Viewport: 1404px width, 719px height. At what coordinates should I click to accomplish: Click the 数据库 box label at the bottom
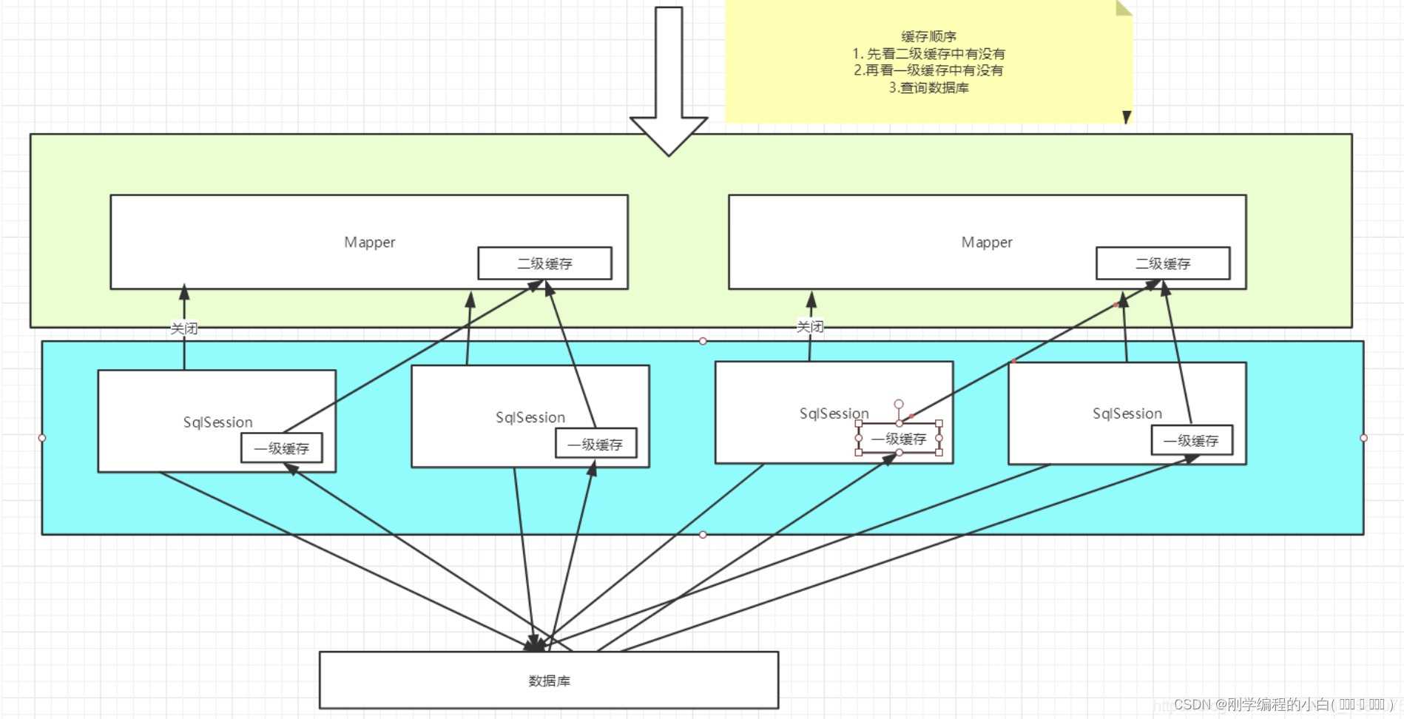click(x=549, y=681)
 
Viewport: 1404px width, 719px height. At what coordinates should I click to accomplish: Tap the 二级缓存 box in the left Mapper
click(x=544, y=263)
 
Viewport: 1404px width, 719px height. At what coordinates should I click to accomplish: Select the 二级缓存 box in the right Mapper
click(x=1163, y=263)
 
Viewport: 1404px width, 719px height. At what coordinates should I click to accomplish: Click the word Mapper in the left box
click(x=369, y=242)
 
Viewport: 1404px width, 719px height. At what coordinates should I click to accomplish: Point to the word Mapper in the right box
click(x=987, y=242)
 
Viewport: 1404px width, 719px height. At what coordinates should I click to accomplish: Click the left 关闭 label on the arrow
click(x=184, y=328)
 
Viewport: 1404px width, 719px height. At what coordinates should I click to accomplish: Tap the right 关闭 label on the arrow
click(x=810, y=326)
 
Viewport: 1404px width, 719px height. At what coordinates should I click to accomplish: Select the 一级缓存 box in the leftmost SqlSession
click(x=282, y=448)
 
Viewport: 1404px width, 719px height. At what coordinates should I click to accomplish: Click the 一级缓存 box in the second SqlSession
click(x=595, y=445)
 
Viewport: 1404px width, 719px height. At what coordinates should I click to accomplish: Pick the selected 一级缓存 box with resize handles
click(x=899, y=439)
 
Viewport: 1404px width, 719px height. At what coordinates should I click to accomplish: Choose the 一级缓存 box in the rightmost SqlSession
click(x=1191, y=441)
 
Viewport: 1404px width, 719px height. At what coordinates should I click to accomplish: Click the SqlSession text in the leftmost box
click(x=217, y=422)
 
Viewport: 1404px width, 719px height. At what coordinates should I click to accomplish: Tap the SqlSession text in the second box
click(x=530, y=417)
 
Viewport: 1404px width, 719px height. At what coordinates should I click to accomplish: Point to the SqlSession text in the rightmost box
click(x=1127, y=413)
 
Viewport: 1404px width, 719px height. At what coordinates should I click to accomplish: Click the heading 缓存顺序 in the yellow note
click(x=928, y=36)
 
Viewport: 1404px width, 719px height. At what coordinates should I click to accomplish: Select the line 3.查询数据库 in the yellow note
click(x=928, y=87)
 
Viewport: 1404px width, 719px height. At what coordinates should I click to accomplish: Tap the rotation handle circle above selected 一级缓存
click(x=899, y=404)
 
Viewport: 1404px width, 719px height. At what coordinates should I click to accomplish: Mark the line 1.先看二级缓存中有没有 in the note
click(x=928, y=53)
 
